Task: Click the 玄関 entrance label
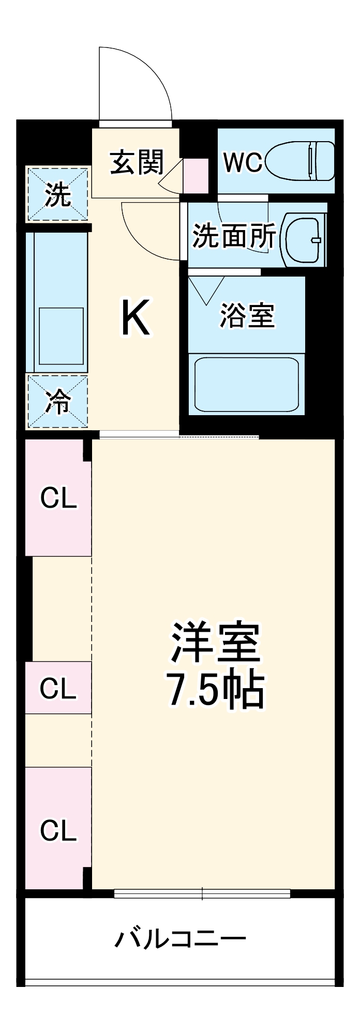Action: (137, 162)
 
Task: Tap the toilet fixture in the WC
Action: (300, 161)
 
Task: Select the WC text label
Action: (242, 162)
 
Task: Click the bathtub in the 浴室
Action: (246, 384)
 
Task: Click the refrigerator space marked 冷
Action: (57, 402)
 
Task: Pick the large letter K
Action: (136, 317)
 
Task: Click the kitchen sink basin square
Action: (62, 336)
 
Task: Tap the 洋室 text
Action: (215, 643)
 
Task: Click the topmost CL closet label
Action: (58, 498)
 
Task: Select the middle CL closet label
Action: (58, 688)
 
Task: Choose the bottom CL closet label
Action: (58, 830)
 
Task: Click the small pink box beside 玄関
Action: (196, 176)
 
